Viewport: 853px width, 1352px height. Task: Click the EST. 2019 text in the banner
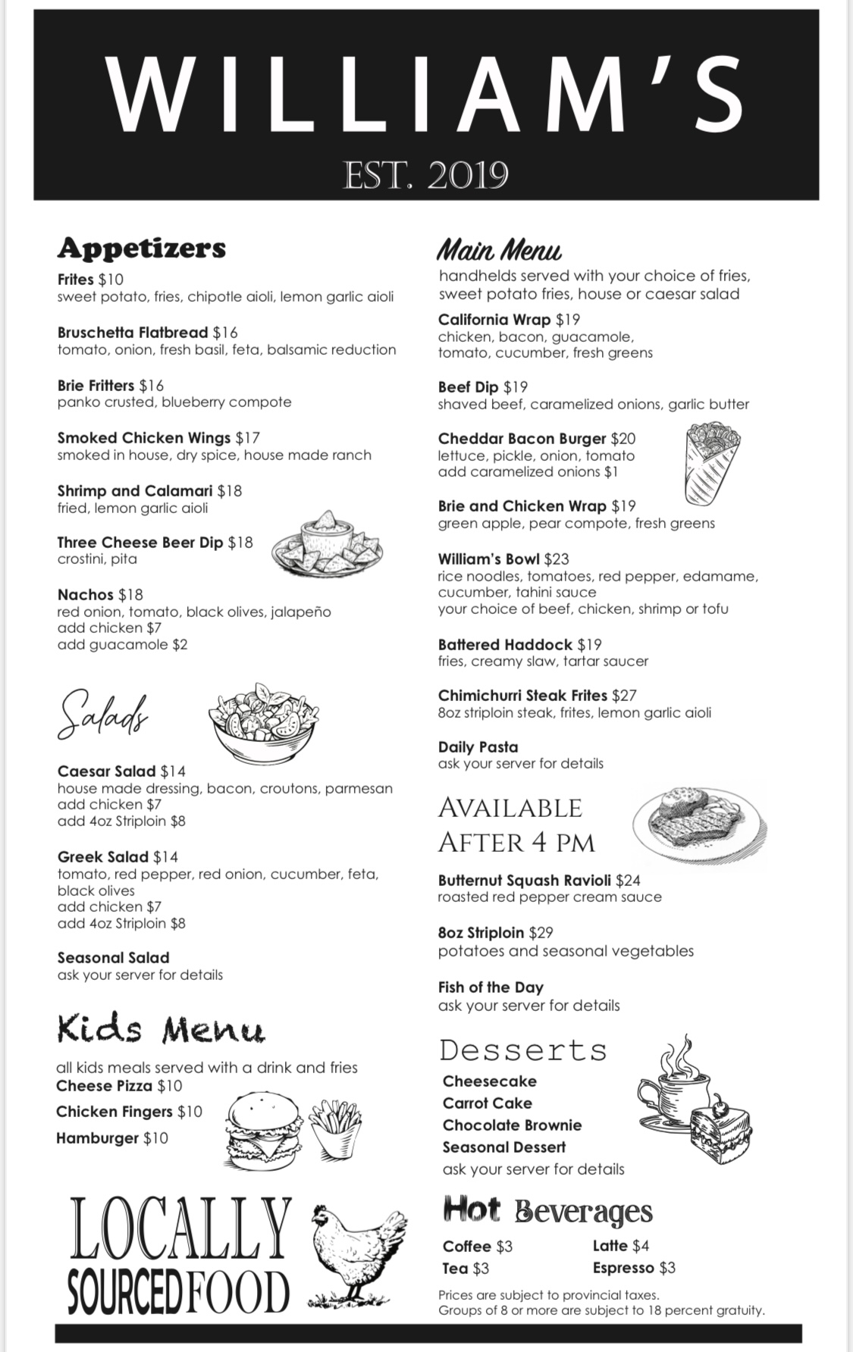pyautogui.click(x=425, y=175)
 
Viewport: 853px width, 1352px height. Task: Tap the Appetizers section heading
pyautogui.click(x=142, y=248)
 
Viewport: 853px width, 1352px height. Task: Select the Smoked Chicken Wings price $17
pyautogui.click(x=248, y=438)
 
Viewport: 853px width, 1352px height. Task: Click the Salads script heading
pyautogui.click(x=102, y=715)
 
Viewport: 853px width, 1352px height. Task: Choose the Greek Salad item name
pyautogui.click(x=103, y=857)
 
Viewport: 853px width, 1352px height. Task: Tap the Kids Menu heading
pyautogui.click(x=161, y=1030)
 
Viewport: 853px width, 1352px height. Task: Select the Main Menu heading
pyautogui.click(x=500, y=250)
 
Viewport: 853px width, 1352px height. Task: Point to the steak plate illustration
pyautogui.click(x=698, y=826)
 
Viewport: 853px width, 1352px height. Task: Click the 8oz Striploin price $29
pyautogui.click(x=541, y=933)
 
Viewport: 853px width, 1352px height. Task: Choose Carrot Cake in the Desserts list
pyautogui.click(x=488, y=1103)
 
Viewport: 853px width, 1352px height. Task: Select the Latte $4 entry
pyautogui.click(x=621, y=1246)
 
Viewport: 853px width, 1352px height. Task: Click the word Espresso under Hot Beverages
pyautogui.click(x=623, y=1268)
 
